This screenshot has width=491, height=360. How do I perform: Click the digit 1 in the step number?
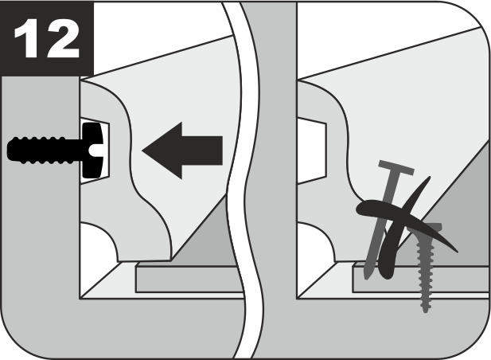click(x=28, y=38)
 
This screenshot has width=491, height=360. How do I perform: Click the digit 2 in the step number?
click(x=63, y=38)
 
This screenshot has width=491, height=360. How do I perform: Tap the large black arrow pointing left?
click(x=182, y=151)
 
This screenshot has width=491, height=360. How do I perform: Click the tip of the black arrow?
click(x=142, y=151)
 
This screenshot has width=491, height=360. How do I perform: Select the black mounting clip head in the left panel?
click(x=92, y=151)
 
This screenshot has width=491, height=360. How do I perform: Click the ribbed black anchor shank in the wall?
click(x=44, y=151)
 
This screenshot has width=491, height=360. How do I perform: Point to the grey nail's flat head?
click(x=396, y=168)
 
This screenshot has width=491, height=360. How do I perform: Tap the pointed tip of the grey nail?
click(x=367, y=277)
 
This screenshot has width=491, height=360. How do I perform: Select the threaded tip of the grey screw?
click(x=425, y=308)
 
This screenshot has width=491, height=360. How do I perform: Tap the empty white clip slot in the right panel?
click(x=312, y=151)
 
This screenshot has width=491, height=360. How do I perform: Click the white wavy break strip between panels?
click(x=244, y=180)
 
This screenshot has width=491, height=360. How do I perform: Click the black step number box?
click(x=47, y=38)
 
